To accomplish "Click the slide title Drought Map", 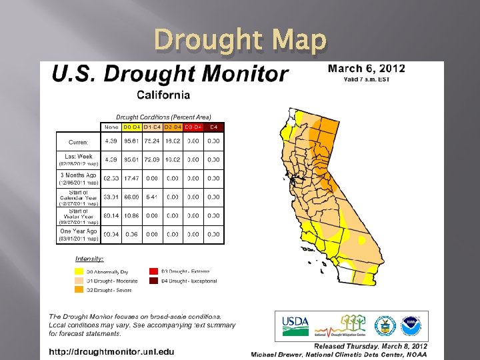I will point(240,41).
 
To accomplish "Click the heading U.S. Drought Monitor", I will point(171,75).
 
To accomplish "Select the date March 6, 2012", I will point(366,69).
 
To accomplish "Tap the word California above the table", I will point(163,96).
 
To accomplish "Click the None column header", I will point(111,127).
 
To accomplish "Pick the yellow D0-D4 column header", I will point(131,127).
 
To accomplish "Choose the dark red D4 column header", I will point(214,127).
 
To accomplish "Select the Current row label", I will point(79,141).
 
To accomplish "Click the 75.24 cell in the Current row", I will point(152,141).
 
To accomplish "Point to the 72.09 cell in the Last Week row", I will point(152,160).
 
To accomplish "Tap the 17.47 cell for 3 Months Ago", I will point(131,179).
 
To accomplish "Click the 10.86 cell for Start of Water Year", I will point(131,216).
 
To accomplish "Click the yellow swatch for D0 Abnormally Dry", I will point(79,271).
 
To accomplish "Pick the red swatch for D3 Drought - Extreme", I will point(153,271).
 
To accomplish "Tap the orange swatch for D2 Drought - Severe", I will point(79,290).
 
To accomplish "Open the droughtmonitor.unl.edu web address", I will point(111,351).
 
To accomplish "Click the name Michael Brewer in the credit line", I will point(275,353).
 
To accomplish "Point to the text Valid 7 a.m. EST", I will point(366,80).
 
